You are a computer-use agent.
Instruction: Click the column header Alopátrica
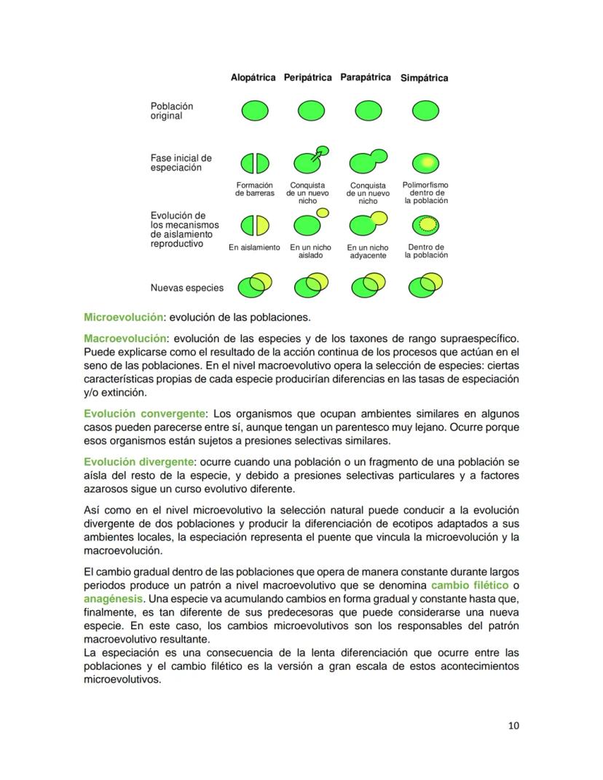pyautogui.click(x=253, y=77)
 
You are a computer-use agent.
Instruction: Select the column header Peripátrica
pyautogui.click(x=307, y=77)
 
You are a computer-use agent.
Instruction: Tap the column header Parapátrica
pyautogui.click(x=366, y=77)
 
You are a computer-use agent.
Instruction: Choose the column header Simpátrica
pyautogui.click(x=425, y=78)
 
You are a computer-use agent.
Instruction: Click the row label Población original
pyautogui.click(x=172, y=111)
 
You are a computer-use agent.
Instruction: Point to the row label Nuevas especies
pyautogui.click(x=187, y=288)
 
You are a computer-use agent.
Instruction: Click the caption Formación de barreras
pyautogui.click(x=254, y=189)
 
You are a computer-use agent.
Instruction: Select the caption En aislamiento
pyautogui.click(x=254, y=248)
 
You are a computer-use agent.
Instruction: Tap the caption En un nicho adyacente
pyautogui.click(x=368, y=252)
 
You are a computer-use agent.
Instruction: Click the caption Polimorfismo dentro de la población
pyautogui.click(x=425, y=193)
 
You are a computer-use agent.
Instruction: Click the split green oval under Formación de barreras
pyautogui.click(x=255, y=163)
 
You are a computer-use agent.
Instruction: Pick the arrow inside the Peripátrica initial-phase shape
pyautogui.click(x=317, y=154)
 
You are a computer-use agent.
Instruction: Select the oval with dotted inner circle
pyautogui.click(x=426, y=224)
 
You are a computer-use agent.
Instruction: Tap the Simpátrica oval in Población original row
pyautogui.click(x=425, y=111)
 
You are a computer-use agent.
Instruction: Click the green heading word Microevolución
pyautogui.click(x=122, y=318)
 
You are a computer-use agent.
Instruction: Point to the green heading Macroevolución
pyautogui.click(x=125, y=338)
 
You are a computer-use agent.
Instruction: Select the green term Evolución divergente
pyautogui.click(x=139, y=462)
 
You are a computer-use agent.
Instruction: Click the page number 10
pyautogui.click(x=513, y=725)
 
